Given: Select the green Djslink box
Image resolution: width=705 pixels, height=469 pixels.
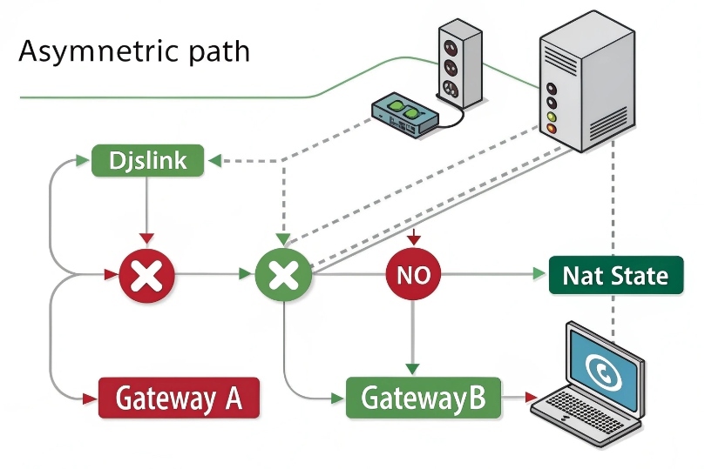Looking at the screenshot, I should (x=147, y=161).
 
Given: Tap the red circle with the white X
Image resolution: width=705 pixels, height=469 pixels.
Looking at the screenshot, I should (x=147, y=277).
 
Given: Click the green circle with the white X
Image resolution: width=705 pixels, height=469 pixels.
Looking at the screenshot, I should (x=282, y=277).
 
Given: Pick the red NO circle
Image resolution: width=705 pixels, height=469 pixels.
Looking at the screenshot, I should (x=413, y=276).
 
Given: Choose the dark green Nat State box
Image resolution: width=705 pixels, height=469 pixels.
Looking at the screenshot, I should (x=615, y=277).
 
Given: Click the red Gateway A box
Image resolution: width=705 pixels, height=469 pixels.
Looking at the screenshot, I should (x=178, y=399).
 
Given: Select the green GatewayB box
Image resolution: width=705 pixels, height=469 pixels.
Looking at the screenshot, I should (x=423, y=399).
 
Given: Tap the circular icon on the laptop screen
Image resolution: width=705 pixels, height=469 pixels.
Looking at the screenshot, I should (x=600, y=371).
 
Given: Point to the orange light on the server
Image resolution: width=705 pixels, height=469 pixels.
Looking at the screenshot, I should (x=550, y=129).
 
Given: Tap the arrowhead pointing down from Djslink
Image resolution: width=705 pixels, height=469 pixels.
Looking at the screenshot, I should (x=147, y=238).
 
